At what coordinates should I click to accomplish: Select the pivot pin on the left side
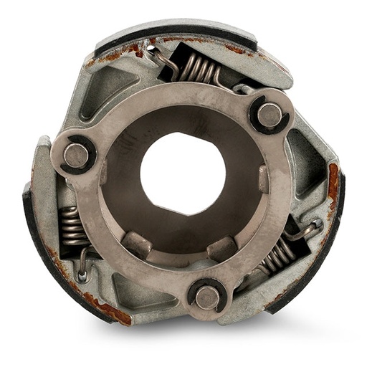click(75, 155)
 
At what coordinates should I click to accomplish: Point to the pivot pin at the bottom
click(206, 296)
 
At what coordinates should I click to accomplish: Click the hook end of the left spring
click(83, 273)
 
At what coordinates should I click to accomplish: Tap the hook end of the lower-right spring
click(315, 226)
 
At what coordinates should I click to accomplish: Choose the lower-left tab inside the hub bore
click(136, 244)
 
